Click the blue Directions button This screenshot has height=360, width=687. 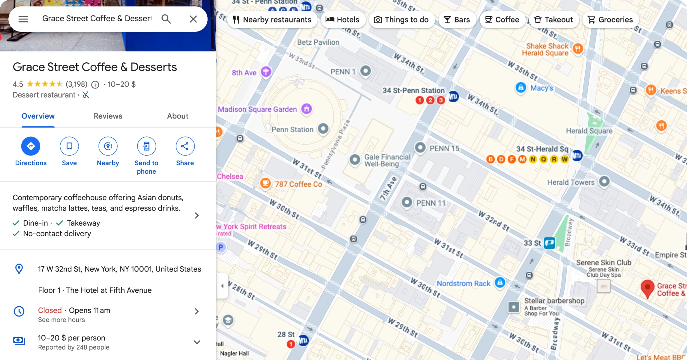click(x=31, y=146)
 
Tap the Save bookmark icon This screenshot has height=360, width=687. click(x=69, y=146)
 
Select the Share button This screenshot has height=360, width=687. click(x=185, y=146)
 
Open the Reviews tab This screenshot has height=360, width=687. click(x=108, y=116)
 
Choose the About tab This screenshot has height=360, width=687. click(x=178, y=116)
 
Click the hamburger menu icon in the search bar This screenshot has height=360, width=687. click(x=23, y=19)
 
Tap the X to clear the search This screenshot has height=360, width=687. click(x=193, y=19)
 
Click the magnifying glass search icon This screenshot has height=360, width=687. click(x=166, y=19)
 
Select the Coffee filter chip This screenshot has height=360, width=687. click(x=502, y=20)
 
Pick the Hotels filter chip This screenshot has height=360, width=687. click(x=342, y=20)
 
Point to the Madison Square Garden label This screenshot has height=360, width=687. click(x=257, y=109)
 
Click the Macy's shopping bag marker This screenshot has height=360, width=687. click(x=521, y=88)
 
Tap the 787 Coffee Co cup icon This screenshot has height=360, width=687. click(x=265, y=183)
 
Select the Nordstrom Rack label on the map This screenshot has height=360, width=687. click(x=463, y=283)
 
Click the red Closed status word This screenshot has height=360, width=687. click(x=50, y=310)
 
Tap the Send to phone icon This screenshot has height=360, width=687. click(x=146, y=146)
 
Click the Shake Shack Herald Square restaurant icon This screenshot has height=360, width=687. click(x=578, y=49)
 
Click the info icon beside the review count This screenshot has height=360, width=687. click(x=95, y=85)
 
